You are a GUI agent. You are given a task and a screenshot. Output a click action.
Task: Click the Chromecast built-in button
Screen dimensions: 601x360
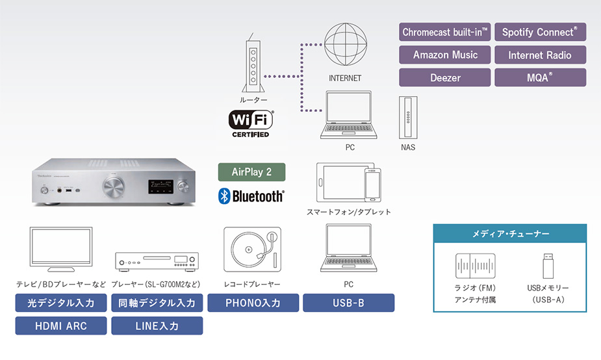(x=444, y=32)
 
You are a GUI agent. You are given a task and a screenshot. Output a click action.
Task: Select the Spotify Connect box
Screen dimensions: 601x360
(x=540, y=32)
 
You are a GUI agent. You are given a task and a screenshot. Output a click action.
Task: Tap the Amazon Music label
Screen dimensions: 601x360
(x=444, y=55)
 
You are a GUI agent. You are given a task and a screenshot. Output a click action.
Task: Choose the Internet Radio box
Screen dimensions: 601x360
(x=540, y=55)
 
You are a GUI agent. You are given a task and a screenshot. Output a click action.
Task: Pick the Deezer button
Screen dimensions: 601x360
(x=444, y=77)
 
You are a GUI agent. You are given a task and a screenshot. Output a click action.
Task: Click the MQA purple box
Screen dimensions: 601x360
(x=540, y=77)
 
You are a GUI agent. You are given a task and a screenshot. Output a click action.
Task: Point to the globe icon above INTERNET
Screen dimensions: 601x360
(x=346, y=44)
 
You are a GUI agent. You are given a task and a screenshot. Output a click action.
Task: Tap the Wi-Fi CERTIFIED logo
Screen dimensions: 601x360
(x=251, y=123)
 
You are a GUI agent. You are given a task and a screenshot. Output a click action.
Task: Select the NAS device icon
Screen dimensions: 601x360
(x=408, y=118)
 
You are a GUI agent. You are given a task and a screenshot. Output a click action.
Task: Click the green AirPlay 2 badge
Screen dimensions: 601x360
(x=251, y=172)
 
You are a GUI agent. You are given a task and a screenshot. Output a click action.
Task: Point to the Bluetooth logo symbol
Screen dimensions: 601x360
(x=224, y=196)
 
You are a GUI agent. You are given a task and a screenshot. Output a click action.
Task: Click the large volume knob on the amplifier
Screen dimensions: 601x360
(x=114, y=187)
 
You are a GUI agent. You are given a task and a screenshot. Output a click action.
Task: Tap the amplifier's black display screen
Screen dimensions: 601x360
(x=160, y=186)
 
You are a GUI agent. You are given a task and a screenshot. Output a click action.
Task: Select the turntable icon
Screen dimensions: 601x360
(x=252, y=249)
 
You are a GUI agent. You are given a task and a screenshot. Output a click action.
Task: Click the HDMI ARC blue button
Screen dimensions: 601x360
(x=61, y=326)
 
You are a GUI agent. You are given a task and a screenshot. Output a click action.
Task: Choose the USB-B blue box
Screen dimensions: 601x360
(x=348, y=303)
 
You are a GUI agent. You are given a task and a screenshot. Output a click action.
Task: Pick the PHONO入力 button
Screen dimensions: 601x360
(x=253, y=303)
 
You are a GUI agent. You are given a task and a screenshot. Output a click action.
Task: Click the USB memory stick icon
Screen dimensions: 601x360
(x=548, y=266)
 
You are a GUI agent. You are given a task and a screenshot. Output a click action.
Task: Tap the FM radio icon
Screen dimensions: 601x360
(x=476, y=266)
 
